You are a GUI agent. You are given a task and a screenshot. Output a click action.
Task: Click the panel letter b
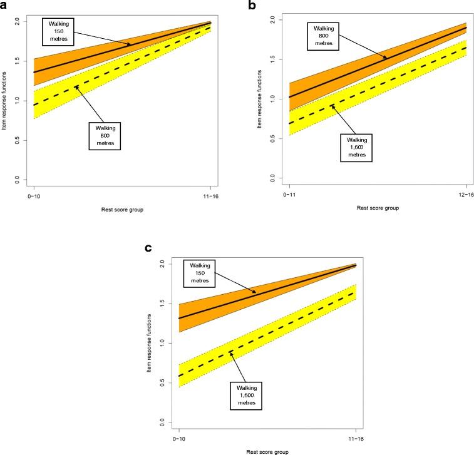pyautogui.click(x=252, y=6)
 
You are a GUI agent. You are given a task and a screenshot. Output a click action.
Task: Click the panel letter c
pyautogui.click(x=148, y=247)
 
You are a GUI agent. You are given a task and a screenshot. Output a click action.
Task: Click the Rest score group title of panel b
pyautogui.click(x=378, y=207)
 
